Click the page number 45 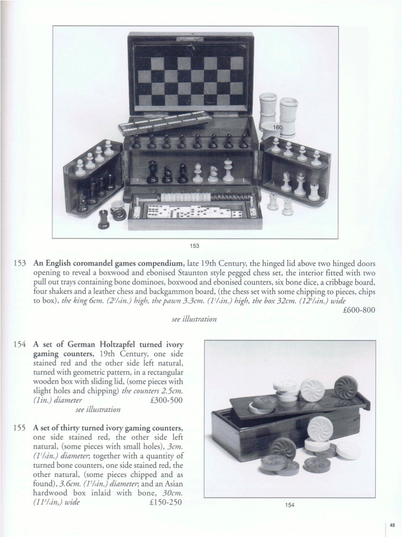point(392,524)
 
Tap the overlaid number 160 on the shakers point(278,127)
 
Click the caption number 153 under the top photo point(195,246)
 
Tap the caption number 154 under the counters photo point(290,505)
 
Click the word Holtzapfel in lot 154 point(117,345)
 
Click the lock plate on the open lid point(190,39)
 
